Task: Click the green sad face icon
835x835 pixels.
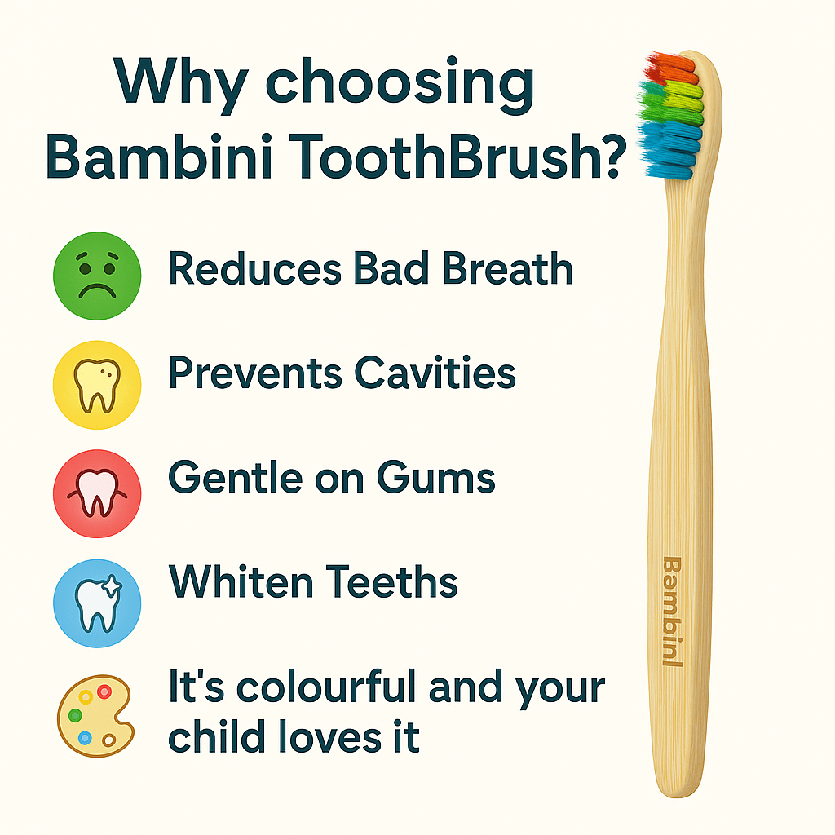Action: pyautogui.click(x=96, y=274)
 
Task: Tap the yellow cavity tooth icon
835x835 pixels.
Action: pyautogui.click(x=96, y=384)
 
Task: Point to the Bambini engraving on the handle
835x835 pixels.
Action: pyautogui.click(x=671, y=612)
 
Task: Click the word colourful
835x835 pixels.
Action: pyautogui.click(x=329, y=687)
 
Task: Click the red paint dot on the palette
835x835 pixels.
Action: pyautogui.click(x=104, y=692)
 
